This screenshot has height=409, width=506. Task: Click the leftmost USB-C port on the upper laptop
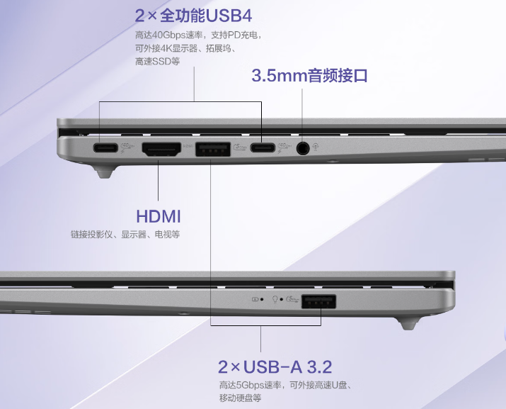pyautogui.click(x=105, y=147)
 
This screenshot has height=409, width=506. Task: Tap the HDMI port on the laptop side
pyautogui.click(x=161, y=149)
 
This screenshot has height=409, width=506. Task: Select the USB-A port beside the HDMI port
pyautogui.click(x=213, y=149)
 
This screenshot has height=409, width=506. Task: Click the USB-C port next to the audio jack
pyautogui.click(x=263, y=147)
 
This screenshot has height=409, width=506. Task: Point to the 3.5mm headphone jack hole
pyautogui.click(x=303, y=148)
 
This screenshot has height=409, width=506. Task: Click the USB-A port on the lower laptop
pyautogui.click(x=318, y=301)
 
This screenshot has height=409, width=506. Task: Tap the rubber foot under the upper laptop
pyautogui.click(x=105, y=172)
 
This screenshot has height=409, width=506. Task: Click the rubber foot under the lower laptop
pyautogui.click(x=408, y=323)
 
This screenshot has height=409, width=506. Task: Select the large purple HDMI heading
pyautogui.click(x=158, y=216)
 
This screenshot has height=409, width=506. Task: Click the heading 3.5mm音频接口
pyautogui.click(x=309, y=75)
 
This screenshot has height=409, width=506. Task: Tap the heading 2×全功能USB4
pyautogui.click(x=193, y=16)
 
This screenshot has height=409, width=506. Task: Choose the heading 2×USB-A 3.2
pyautogui.click(x=275, y=366)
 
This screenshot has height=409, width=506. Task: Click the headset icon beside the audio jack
pyautogui.click(x=316, y=147)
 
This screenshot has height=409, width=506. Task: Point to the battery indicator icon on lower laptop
pyautogui.click(x=255, y=299)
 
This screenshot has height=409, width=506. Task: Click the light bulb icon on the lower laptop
pyautogui.click(x=275, y=299)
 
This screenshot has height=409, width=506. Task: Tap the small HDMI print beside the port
pyautogui.click(x=188, y=146)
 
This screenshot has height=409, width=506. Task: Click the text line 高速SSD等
pyautogui.click(x=158, y=61)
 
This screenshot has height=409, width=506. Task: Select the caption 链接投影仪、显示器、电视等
pyautogui.click(x=125, y=234)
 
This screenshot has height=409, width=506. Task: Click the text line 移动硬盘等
pyautogui.click(x=240, y=398)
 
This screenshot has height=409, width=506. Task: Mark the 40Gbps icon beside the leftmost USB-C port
pyautogui.click(x=127, y=147)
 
